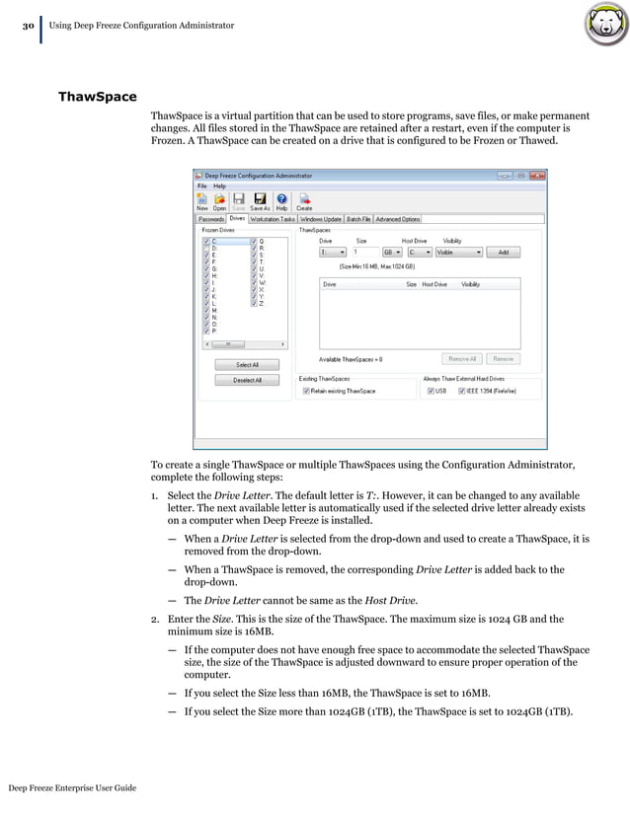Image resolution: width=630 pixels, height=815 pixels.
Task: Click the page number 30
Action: [x=29, y=24]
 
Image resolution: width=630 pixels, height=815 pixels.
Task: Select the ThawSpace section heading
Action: [x=97, y=98]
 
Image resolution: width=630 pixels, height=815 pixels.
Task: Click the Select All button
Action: [x=247, y=364]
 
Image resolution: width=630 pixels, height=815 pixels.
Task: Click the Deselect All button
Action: [x=247, y=380]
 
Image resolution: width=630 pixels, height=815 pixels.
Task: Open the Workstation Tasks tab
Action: [x=273, y=219]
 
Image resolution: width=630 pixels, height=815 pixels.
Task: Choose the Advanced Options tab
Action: [x=397, y=219]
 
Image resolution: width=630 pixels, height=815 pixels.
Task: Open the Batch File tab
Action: [x=357, y=219]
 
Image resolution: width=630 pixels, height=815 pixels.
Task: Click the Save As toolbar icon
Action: [x=260, y=201]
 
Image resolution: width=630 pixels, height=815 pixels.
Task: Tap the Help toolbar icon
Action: [x=281, y=201]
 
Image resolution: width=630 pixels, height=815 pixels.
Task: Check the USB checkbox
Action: [x=431, y=391]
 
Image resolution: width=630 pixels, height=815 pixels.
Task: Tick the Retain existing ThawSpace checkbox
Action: [x=306, y=391]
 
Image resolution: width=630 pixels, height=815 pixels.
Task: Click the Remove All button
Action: [x=462, y=359]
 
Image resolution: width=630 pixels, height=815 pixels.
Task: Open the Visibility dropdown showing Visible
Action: [x=459, y=252]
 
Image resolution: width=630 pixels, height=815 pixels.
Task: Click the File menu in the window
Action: [x=201, y=185]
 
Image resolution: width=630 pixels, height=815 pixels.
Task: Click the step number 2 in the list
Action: [x=155, y=619]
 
